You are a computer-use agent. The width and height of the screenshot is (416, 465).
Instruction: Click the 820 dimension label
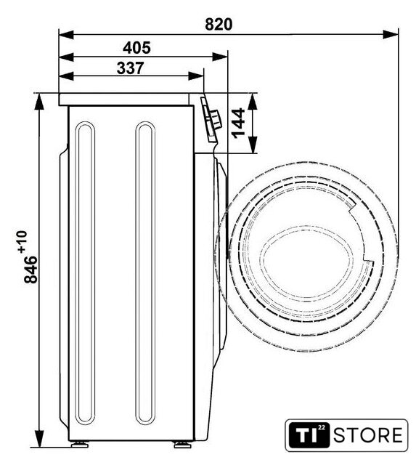[x=219, y=25]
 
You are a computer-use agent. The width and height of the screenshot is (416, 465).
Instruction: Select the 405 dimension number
[x=136, y=48]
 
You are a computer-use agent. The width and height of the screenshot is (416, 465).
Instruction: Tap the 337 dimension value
[x=131, y=68]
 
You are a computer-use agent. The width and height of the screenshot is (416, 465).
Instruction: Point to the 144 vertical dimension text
[x=239, y=123]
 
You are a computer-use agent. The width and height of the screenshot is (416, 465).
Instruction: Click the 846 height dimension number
[x=30, y=270]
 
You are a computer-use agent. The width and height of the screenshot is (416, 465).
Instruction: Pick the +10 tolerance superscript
[x=23, y=242]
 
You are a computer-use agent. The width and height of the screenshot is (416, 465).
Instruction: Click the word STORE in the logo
[x=368, y=435]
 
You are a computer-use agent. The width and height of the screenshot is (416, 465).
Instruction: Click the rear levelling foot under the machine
[x=80, y=444]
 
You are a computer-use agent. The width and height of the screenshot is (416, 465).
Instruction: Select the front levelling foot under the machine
[x=182, y=444]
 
